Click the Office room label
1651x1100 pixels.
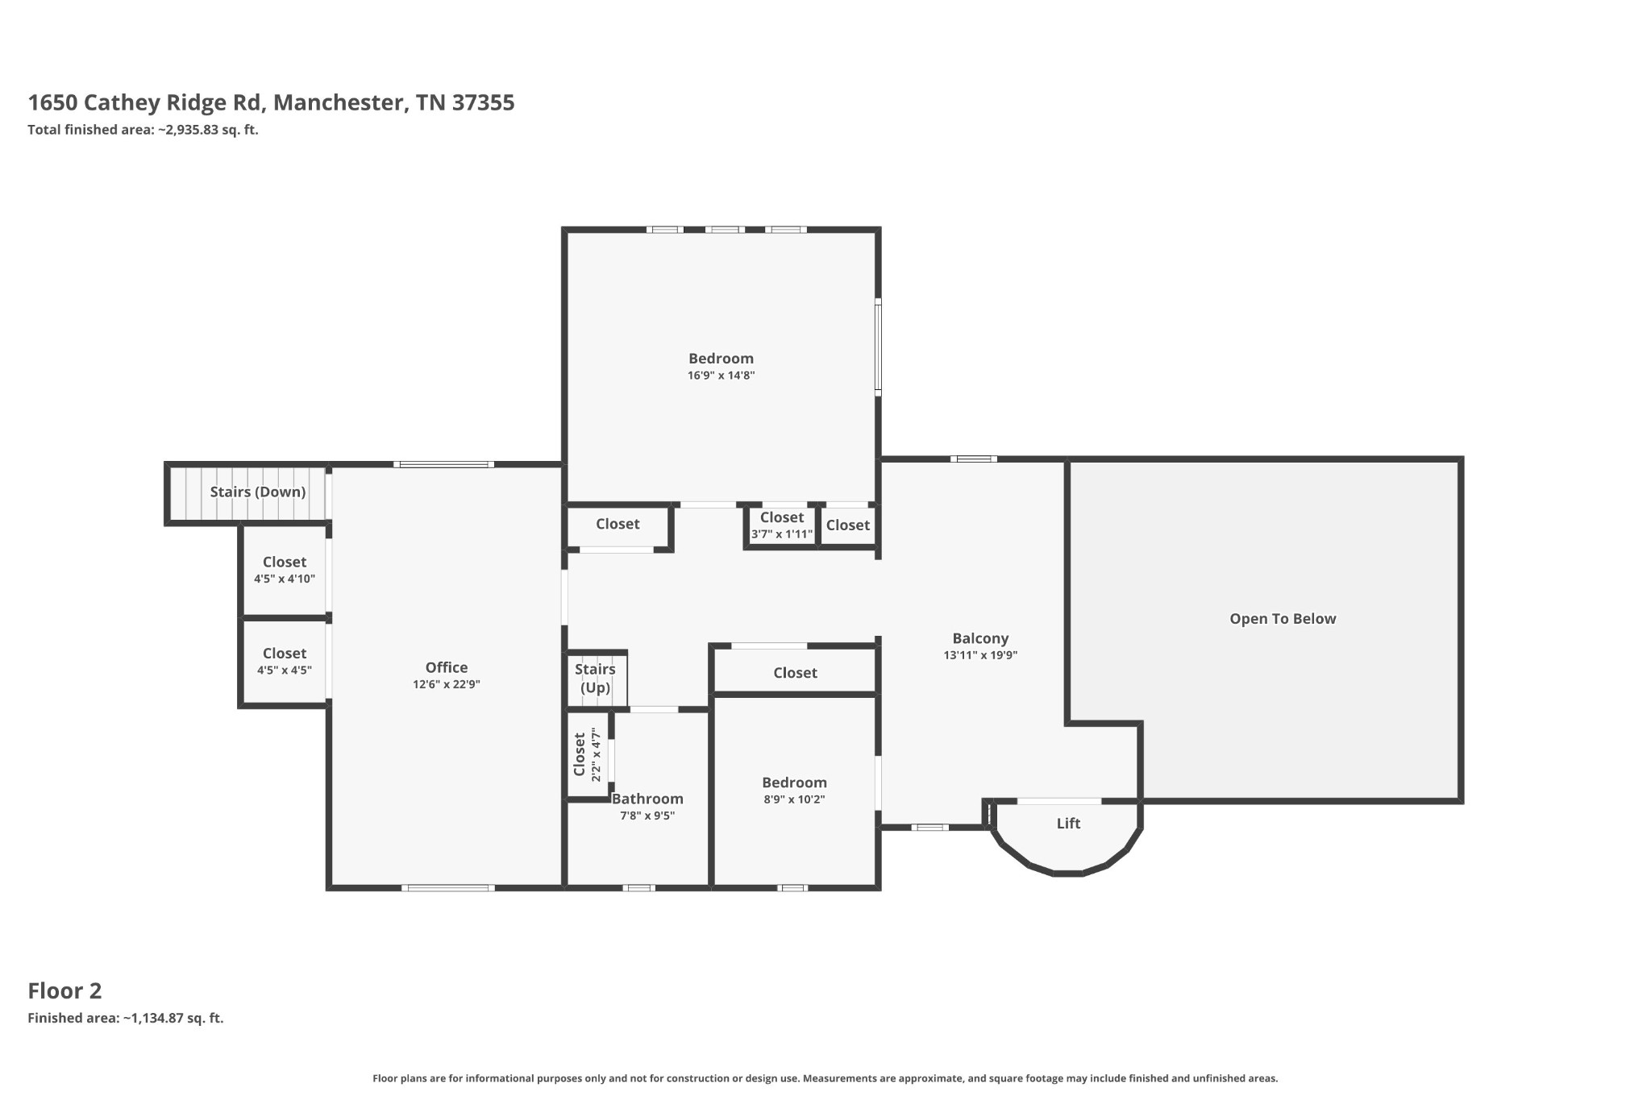[446, 667]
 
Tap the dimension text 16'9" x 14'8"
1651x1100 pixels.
[721, 376]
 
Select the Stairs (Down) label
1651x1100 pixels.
[257, 492]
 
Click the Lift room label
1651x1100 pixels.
[1068, 824]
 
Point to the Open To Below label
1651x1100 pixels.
[1282, 619]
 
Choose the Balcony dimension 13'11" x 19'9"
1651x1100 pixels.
[980, 655]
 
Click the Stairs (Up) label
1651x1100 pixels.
[595, 678]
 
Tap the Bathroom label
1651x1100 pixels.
[647, 799]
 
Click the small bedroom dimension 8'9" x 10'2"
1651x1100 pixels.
[794, 799]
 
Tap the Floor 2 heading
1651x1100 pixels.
[64, 990]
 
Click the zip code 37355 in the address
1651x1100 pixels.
[483, 103]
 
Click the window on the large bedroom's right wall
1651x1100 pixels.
[878, 347]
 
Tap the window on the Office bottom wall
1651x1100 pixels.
[448, 888]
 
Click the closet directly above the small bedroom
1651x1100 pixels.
[795, 672]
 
